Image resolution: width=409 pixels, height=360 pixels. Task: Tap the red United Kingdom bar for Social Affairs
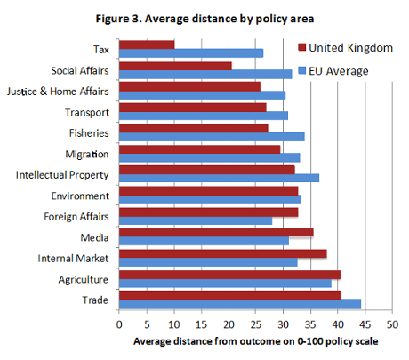click(175, 65)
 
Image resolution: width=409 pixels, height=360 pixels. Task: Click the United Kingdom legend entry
click(342, 47)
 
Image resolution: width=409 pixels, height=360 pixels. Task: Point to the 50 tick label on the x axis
click(392, 325)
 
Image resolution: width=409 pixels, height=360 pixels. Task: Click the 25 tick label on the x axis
click(256, 325)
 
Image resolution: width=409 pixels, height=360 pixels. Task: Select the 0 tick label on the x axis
click(119, 325)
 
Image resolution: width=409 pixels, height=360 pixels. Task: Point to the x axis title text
click(256, 342)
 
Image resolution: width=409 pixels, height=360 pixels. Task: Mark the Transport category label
click(87, 112)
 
